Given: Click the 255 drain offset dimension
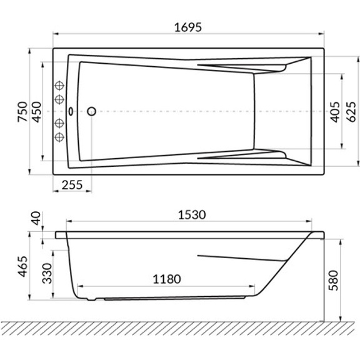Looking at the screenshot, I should coord(72,186).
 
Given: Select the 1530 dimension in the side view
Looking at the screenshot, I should coord(191,214).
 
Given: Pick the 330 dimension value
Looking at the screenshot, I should coord(46,273).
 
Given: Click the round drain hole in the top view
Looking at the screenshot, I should coord(91,111).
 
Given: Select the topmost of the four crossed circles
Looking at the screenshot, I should coord(60,86).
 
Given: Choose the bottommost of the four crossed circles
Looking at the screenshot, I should coord(60,136).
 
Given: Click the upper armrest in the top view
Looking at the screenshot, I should coord(244,67).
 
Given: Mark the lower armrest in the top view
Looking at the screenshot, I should coord(244,155).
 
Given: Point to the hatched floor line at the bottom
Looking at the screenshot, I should coord(180,327).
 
